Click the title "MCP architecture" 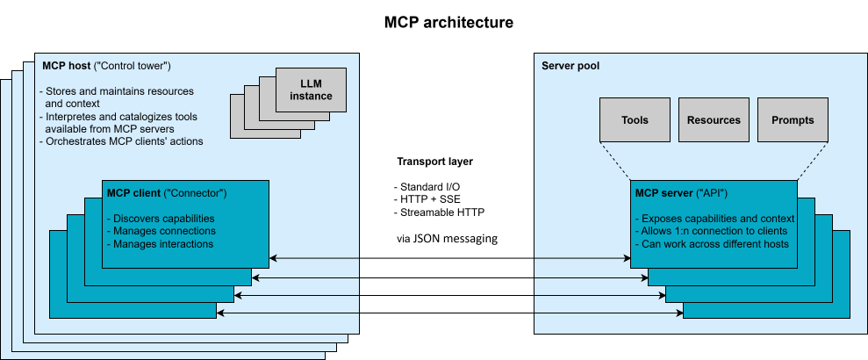pyautogui.click(x=448, y=22)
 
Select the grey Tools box pyautogui.click(x=635, y=120)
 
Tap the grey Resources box pyautogui.click(x=714, y=120)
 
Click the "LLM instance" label pyautogui.click(x=310, y=89)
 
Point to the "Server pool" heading pyautogui.click(x=570, y=66)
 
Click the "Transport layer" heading pyautogui.click(x=436, y=162)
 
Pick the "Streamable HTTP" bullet pyautogui.click(x=440, y=212)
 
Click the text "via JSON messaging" pyautogui.click(x=447, y=238)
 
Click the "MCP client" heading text pyautogui.click(x=133, y=193)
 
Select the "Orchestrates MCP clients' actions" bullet pyautogui.click(x=122, y=141)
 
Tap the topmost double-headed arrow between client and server pyautogui.click(x=449, y=258)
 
